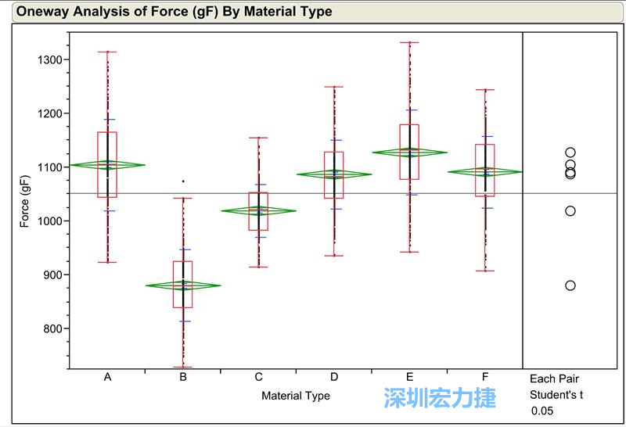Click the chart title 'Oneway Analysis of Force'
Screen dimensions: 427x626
pyautogui.click(x=174, y=12)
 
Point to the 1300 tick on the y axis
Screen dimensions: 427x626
pyautogui.click(x=55, y=60)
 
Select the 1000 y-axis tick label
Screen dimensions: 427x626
pyautogui.click(x=55, y=221)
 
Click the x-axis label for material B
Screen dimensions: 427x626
pyautogui.click(x=183, y=377)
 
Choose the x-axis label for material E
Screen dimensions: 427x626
pyautogui.click(x=409, y=377)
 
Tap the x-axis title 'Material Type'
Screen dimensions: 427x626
pyautogui.click(x=296, y=396)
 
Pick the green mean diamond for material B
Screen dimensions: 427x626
pyautogui.click(x=183, y=285)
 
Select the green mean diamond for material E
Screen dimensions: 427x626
pyautogui.click(x=409, y=152)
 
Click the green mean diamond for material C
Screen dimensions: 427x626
pyautogui.click(x=259, y=210)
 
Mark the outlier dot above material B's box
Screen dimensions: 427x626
pyautogui.click(x=183, y=181)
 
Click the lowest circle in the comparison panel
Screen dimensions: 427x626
pyautogui.click(x=570, y=285)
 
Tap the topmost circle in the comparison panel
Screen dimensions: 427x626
pyautogui.click(x=570, y=152)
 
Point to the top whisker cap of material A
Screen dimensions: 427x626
pyautogui.click(x=107, y=52)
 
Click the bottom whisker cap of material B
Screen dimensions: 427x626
pyautogui.click(x=183, y=367)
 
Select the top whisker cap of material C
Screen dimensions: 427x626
pyautogui.click(x=259, y=138)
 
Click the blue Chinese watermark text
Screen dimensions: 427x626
pyautogui.click(x=440, y=398)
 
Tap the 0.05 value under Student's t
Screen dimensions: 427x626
pyautogui.click(x=541, y=411)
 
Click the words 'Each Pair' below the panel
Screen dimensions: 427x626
pyautogui.click(x=554, y=379)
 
